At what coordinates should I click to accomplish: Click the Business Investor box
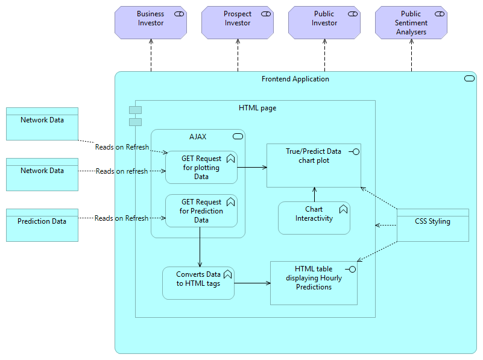pyautogui.click(x=150, y=23)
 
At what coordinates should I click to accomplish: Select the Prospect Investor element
pyautogui.click(x=237, y=23)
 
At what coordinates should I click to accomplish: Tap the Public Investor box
pyautogui.click(x=324, y=23)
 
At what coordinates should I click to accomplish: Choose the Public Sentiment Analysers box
pyautogui.click(x=411, y=23)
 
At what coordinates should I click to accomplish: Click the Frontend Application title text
pyautogui.click(x=295, y=79)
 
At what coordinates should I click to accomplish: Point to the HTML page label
pyautogui.click(x=257, y=108)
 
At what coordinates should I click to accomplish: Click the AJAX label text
pyautogui.click(x=198, y=137)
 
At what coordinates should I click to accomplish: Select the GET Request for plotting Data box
pyautogui.click(x=201, y=167)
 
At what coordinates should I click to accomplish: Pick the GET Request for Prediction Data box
pyautogui.click(x=201, y=210)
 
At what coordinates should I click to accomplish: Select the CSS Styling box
pyautogui.click(x=432, y=225)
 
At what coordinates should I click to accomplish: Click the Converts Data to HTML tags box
pyautogui.click(x=198, y=283)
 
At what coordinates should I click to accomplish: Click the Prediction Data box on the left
pyautogui.click(x=42, y=225)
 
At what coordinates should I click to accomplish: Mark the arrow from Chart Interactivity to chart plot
pyautogui.click(x=314, y=194)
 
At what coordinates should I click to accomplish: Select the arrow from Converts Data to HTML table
pyautogui.click(x=252, y=283)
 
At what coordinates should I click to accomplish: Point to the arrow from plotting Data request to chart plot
pyautogui.click(x=252, y=167)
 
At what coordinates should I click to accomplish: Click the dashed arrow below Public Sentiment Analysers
pyautogui.click(x=412, y=55)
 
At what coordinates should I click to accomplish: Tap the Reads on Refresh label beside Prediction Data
pyautogui.click(x=121, y=218)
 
